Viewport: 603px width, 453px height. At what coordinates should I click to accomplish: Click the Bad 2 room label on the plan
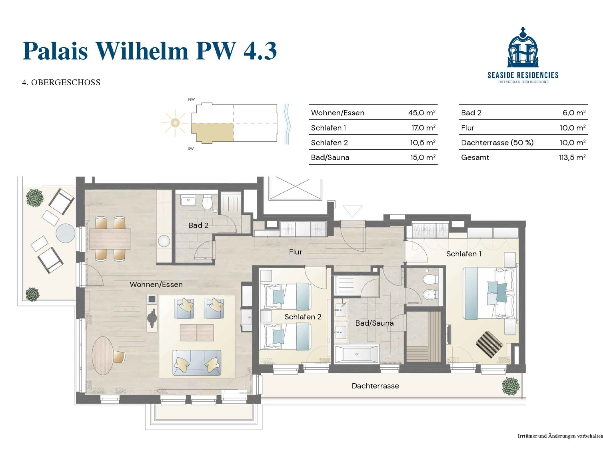pos(198,225)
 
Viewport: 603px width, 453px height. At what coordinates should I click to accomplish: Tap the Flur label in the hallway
pos(296,252)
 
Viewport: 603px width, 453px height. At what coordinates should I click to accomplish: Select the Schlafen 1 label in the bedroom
pos(464,254)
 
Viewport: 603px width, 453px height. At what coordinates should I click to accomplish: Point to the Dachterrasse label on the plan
pos(375,386)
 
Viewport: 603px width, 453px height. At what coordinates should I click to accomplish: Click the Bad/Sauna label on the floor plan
pos(374,323)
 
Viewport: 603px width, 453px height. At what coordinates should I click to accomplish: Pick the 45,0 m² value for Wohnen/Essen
pos(422,113)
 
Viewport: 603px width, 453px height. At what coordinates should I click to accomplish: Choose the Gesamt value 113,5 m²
pos(572,157)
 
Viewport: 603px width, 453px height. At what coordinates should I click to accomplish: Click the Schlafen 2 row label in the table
pos(329,143)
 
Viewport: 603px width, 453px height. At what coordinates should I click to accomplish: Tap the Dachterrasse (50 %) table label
pos(497,143)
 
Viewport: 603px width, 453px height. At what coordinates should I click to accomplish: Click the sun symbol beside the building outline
pos(175,123)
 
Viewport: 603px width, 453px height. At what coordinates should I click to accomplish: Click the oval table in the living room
pos(103,356)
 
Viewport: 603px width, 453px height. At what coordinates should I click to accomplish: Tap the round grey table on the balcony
pos(66,233)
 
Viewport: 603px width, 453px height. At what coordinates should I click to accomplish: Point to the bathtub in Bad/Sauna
pos(357,354)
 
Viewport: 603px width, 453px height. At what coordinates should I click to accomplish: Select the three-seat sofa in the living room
pos(197,363)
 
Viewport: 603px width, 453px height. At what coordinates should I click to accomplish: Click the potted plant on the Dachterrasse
pos(511,386)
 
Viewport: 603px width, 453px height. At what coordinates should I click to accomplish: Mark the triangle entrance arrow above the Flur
pos(352,211)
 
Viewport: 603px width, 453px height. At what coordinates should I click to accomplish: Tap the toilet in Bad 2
pos(206,202)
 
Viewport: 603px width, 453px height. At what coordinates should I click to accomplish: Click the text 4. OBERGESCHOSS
pos(61,83)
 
